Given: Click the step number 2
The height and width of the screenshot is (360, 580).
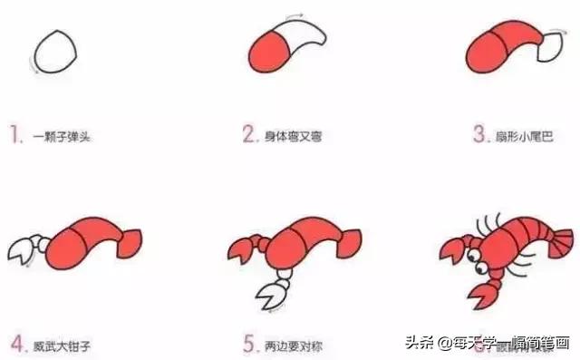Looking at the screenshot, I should (x=249, y=136).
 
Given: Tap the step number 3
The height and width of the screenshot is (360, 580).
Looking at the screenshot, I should (x=479, y=136).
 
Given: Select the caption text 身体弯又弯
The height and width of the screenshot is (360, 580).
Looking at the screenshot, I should (x=294, y=137).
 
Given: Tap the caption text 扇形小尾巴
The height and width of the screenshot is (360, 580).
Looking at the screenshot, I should (x=525, y=137).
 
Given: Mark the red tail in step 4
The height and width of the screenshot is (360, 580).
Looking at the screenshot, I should (x=128, y=240).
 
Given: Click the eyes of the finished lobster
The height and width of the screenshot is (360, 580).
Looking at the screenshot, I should (x=476, y=261).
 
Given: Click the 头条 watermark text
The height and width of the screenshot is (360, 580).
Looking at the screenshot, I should (x=415, y=343).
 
